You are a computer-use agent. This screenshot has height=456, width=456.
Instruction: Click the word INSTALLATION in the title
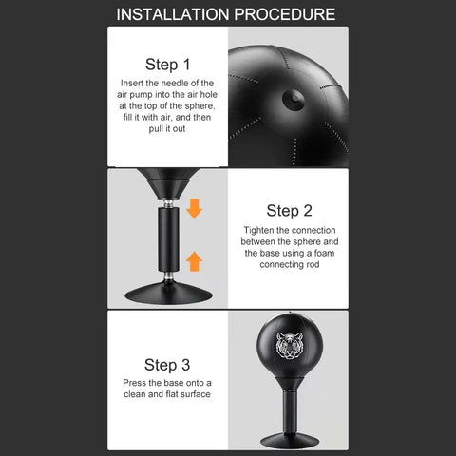[173, 14]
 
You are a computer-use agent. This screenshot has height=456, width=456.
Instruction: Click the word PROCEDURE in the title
[285, 14]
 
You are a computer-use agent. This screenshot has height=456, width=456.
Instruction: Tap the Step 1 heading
[167, 65]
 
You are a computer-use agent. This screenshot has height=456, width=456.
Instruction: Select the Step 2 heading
[289, 211]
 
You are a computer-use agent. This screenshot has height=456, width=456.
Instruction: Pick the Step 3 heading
[167, 365]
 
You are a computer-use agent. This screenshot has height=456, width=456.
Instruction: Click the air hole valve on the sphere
[294, 100]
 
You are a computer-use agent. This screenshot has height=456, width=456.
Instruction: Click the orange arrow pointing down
[194, 208]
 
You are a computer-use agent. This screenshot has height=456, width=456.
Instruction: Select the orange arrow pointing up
[194, 261]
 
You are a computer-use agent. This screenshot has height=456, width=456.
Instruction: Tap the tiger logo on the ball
[290, 346]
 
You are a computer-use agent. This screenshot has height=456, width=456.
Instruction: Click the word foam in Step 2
[324, 253]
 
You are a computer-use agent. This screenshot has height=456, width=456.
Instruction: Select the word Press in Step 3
[134, 383]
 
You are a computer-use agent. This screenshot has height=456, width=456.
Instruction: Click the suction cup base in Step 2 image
[168, 294]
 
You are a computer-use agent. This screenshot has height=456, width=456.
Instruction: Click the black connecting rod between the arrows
[168, 239]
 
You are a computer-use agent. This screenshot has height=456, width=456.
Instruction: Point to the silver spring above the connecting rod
[168, 203]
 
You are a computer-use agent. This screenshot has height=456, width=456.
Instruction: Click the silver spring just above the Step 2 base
[169, 276]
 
